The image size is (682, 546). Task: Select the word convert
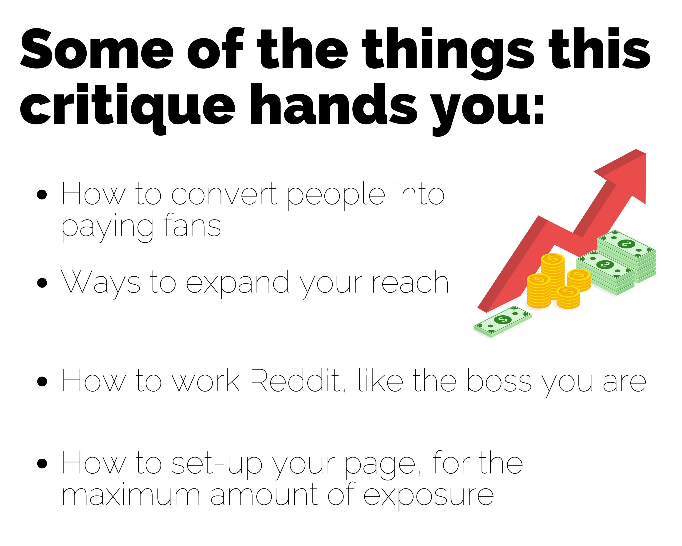point(225,195)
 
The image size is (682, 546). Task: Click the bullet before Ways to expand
point(42,283)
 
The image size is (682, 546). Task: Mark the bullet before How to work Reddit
point(42,382)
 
